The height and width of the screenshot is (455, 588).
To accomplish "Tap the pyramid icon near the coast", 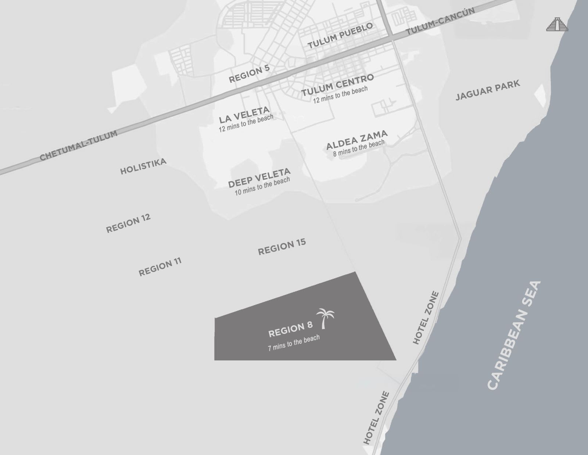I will click(x=557, y=24).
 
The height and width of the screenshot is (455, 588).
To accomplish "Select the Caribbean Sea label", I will click(x=514, y=335).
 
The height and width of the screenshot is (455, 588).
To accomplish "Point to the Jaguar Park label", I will click(x=488, y=90).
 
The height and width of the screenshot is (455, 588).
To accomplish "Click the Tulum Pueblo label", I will click(x=340, y=36).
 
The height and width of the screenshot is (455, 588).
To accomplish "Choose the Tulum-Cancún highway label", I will click(x=440, y=22).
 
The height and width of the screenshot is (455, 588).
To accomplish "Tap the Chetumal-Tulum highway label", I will click(x=79, y=145).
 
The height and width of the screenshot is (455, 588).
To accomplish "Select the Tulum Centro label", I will click(x=337, y=85).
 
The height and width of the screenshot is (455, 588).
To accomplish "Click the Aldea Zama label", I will click(x=356, y=140).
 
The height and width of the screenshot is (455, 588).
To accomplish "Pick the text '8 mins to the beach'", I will click(x=359, y=148).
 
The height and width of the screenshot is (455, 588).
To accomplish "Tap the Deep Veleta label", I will click(x=259, y=178).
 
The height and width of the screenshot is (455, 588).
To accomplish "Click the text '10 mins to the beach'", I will click(x=262, y=186).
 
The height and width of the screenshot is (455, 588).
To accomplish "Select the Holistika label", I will click(x=143, y=166).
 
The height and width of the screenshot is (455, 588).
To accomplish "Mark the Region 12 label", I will click(x=128, y=223).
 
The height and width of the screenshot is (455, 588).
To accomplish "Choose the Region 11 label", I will click(x=160, y=267).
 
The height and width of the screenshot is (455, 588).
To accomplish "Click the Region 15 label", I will click(x=282, y=247).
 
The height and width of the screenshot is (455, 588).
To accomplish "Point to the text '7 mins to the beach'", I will click(x=294, y=343).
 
